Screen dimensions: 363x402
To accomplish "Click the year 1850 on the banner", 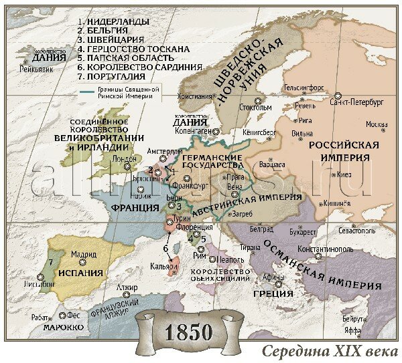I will [x=186, y=332].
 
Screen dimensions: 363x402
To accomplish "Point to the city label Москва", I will [x=377, y=125].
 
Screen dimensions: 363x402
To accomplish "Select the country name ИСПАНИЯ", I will [x=80, y=273].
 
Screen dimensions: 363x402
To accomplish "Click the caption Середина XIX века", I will [x=328, y=352].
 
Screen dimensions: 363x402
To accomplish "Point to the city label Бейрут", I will [x=352, y=319].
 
